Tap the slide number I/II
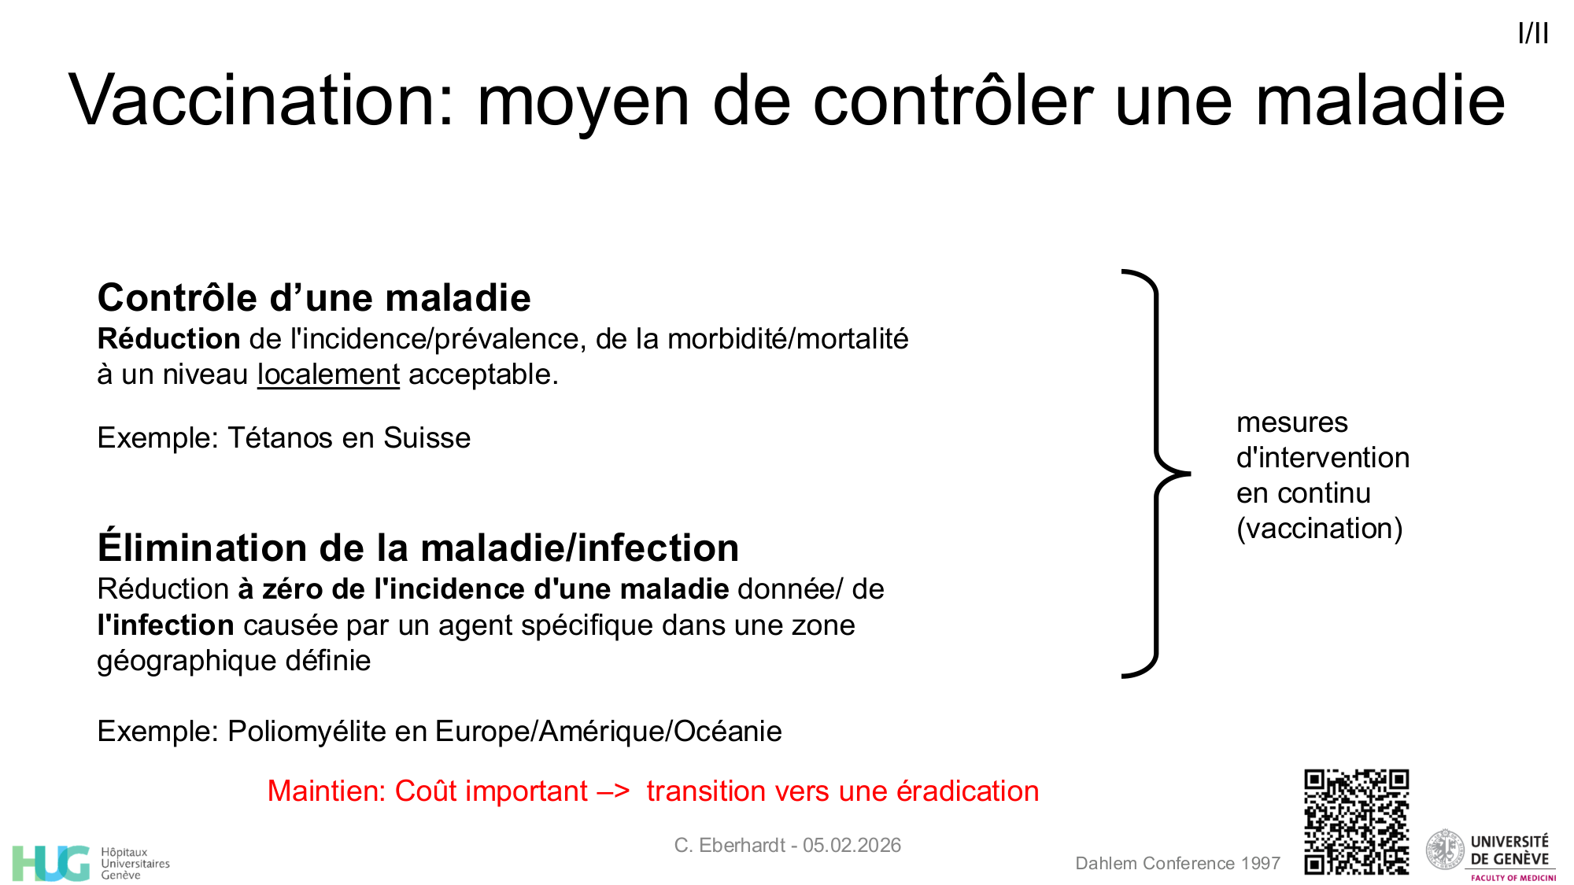pos(1533,34)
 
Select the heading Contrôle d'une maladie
pos(314,298)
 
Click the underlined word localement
pos(328,374)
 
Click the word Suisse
pos(427,437)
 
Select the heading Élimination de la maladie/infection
pos(418,548)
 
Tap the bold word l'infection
pos(165,625)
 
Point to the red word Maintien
pos(326,791)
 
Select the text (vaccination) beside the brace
pos(1319,529)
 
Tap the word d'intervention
pos(1322,458)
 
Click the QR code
pos(1356,821)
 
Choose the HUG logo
pos(52,863)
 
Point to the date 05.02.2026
pos(852,846)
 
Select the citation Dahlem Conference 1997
pos(1177,864)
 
